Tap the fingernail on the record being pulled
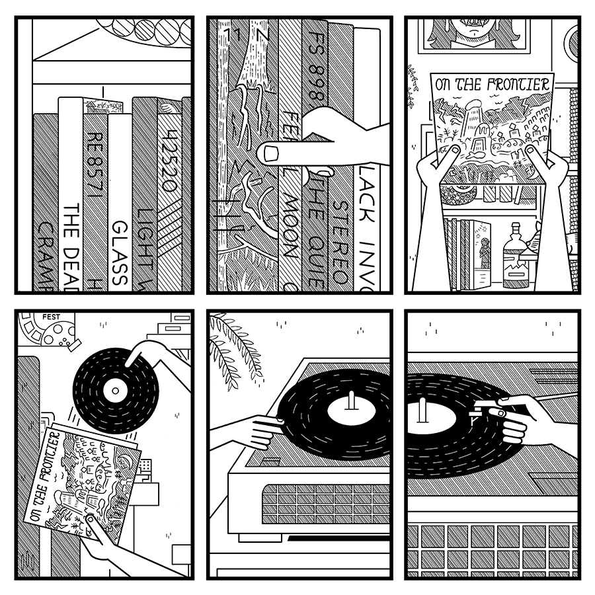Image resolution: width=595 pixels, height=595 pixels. click(271, 153)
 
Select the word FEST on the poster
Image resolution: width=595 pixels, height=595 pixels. click(50, 317)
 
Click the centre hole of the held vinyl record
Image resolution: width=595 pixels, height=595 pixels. click(116, 390)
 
